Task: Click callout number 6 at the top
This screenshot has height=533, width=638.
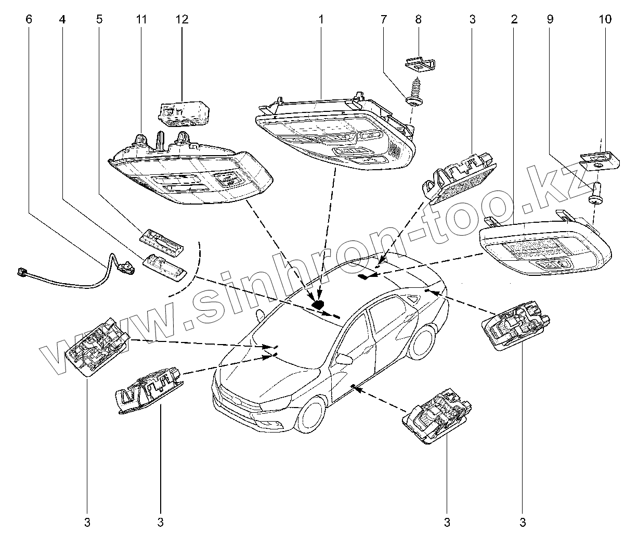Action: click(x=29, y=20)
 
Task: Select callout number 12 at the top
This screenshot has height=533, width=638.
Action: click(x=182, y=20)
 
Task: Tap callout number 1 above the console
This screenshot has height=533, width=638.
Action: click(x=321, y=20)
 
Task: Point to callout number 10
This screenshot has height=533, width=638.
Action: click(x=605, y=20)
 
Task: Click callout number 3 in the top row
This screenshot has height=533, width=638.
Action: click(x=472, y=20)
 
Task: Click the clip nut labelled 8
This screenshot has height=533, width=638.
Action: click(x=420, y=65)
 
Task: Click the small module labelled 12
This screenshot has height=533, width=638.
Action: click(x=184, y=113)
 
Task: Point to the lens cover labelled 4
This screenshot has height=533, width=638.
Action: click(x=165, y=266)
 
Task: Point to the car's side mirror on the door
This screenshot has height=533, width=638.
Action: click(x=344, y=358)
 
